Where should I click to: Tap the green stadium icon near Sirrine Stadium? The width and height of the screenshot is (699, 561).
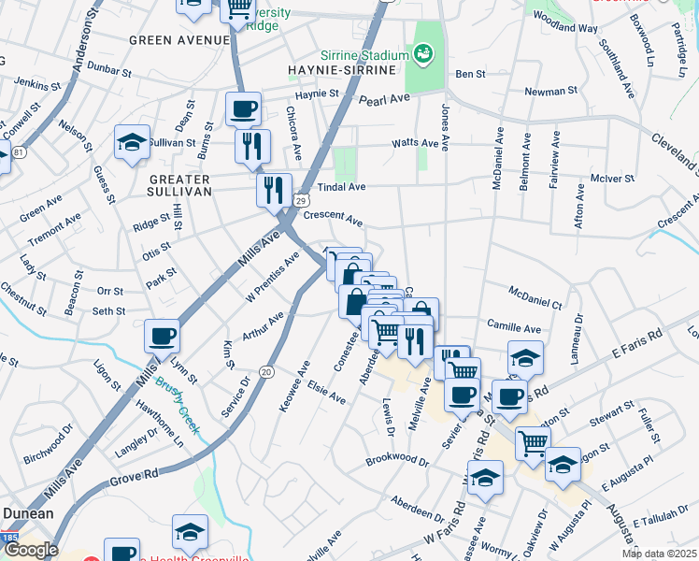425,55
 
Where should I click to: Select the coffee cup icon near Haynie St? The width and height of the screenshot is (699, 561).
243,108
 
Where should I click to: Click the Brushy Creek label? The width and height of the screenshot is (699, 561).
175,397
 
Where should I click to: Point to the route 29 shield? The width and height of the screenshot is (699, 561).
301,200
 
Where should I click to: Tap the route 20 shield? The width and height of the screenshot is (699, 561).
266,372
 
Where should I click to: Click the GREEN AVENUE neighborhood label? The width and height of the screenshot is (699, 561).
179,40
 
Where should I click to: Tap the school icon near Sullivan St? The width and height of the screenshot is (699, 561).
132,142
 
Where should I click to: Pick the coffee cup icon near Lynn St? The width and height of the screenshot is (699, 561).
162,336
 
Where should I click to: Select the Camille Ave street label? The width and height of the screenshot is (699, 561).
514,329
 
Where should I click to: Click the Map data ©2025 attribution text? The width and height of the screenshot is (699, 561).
658,554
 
